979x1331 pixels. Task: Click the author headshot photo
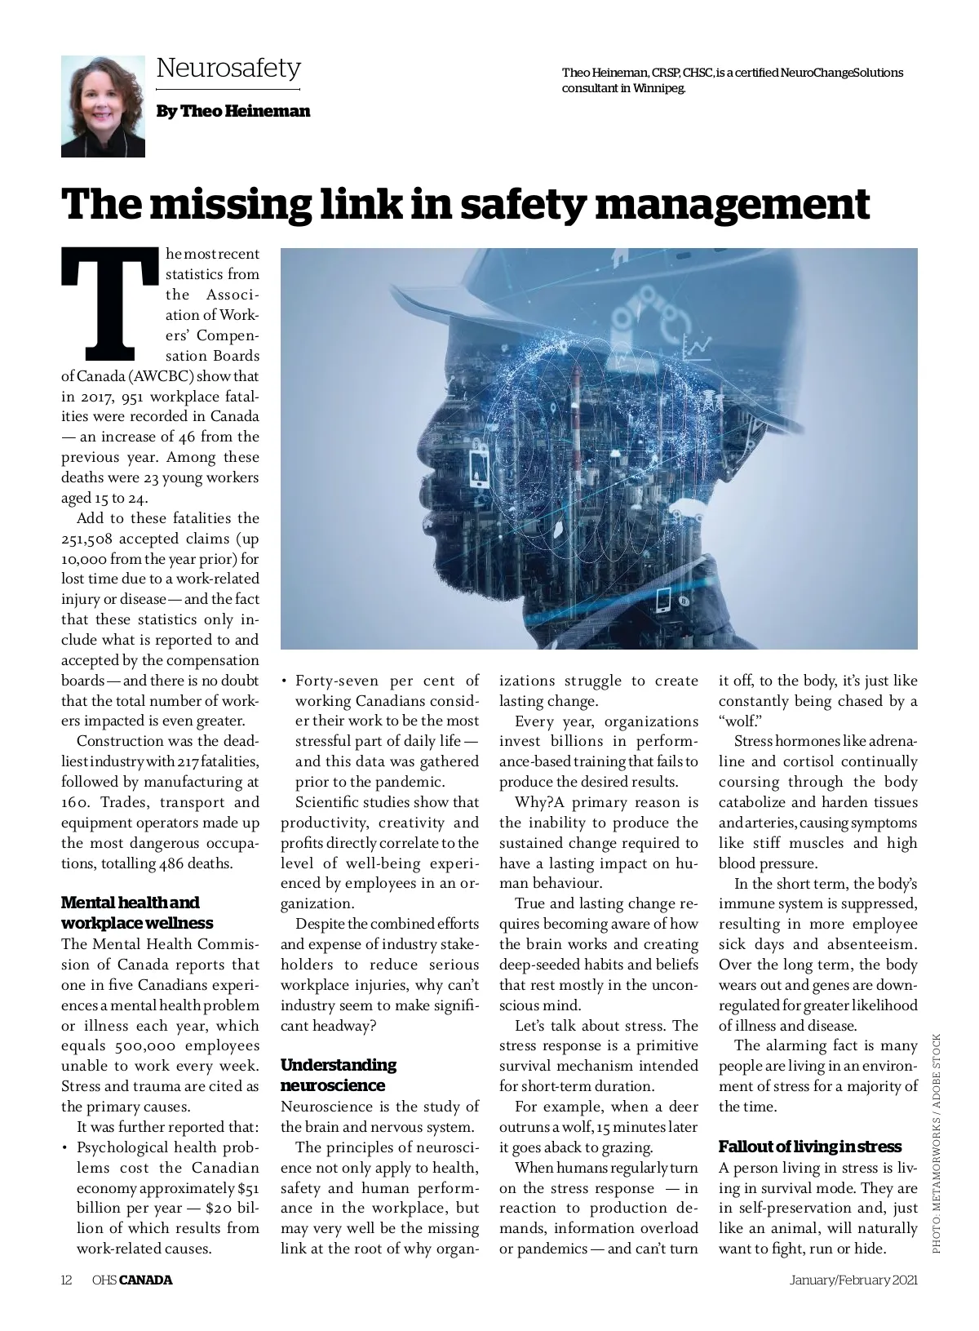[x=103, y=106]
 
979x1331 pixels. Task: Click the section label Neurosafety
[x=228, y=67]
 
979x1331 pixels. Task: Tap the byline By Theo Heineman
[x=233, y=111]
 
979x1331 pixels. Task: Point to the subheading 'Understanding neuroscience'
[x=339, y=1075]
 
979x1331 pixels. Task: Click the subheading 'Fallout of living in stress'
[x=809, y=1146]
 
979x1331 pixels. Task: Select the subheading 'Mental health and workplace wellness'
[x=137, y=912]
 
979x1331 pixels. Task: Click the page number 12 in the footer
[x=68, y=1280]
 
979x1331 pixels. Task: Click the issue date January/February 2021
[x=854, y=1280]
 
